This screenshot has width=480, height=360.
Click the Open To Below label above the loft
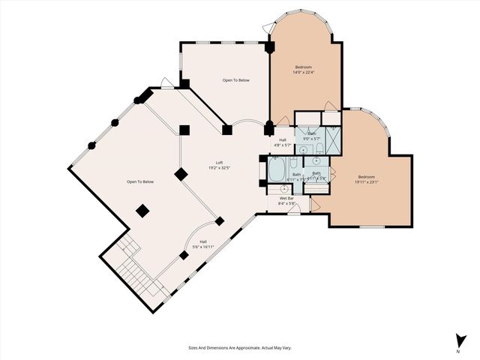pos(235,79)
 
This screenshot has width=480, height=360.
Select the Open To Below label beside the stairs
pos(139,182)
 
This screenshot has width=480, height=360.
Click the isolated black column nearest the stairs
pos(184,256)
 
